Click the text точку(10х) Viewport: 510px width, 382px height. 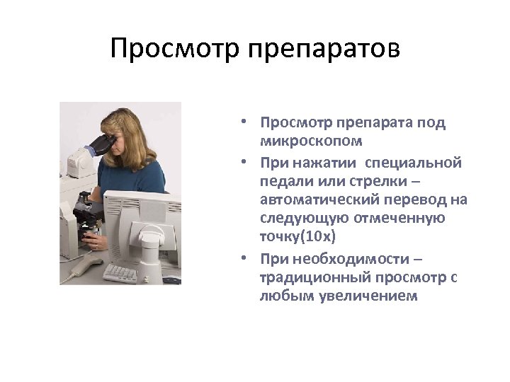point(297,235)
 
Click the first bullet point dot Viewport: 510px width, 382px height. point(243,122)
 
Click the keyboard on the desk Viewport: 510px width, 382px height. point(121,271)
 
